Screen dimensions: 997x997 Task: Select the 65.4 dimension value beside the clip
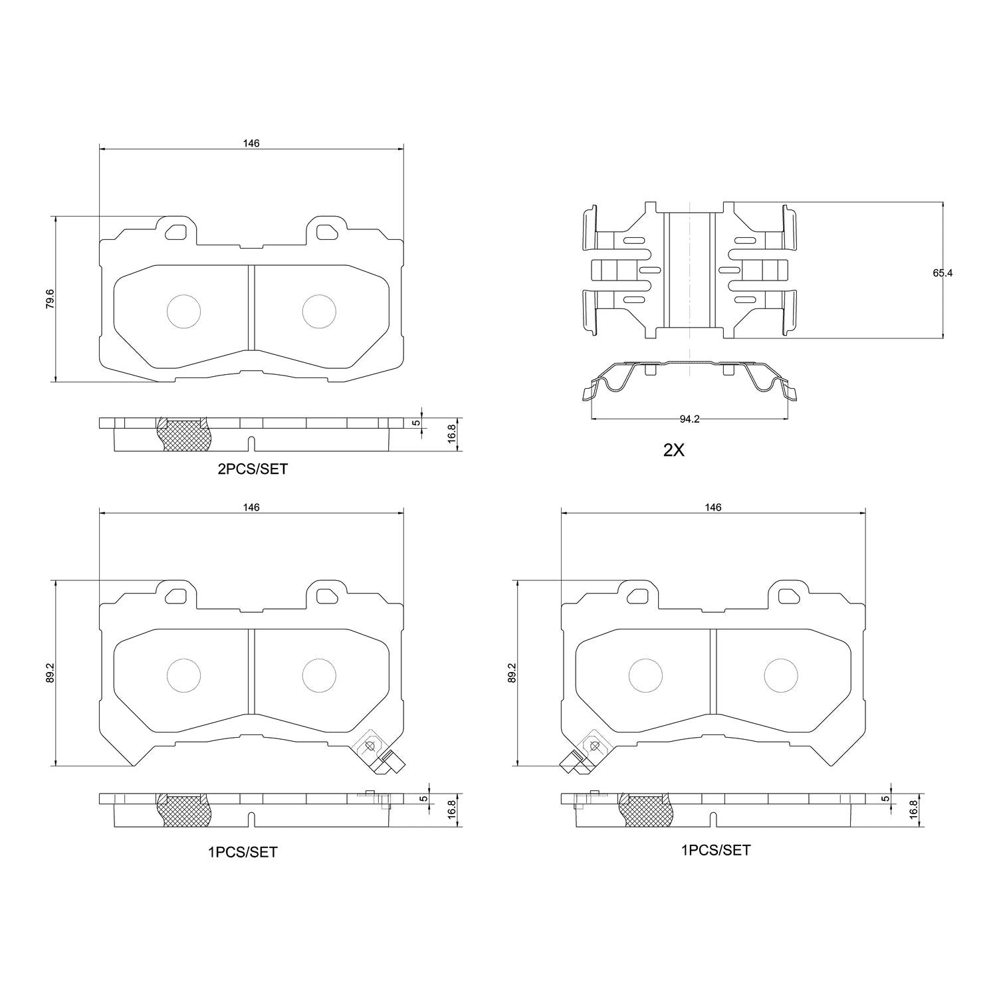pyautogui.click(x=942, y=273)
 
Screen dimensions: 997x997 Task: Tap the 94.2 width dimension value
pyautogui.click(x=691, y=419)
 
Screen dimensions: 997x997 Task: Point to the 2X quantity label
pyautogui.click(x=673, y=450)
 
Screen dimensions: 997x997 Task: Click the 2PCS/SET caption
pyautogui.click(x=253, y=469)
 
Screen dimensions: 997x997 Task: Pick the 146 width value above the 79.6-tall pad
pyautogui.click(x=251, y=143)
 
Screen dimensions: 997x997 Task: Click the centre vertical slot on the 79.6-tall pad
pyautogui.click(x=251, y=307)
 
